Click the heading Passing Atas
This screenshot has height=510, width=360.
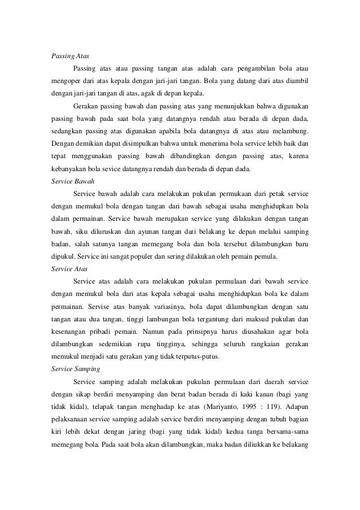click(x=67, y=57)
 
